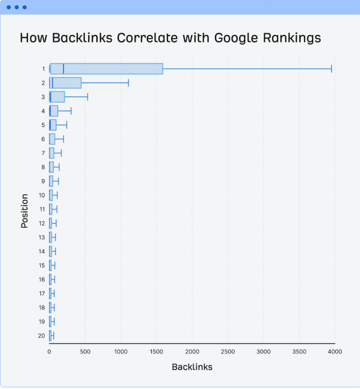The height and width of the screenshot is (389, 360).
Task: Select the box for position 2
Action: [x=65, y=83]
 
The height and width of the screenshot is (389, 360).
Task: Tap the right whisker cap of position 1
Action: [x=331, y=68]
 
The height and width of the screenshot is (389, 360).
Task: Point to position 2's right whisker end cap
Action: [x=128, y=83]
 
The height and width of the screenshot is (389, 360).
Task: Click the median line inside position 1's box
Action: [x=63, y=68]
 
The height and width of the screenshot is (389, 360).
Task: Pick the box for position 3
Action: [x=57, y=97]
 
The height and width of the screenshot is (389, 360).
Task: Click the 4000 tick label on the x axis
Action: [x=335, y=352]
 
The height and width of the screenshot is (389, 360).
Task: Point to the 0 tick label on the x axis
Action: [x=50, y=352]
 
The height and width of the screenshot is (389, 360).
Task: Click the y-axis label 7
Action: [x=43, y=153]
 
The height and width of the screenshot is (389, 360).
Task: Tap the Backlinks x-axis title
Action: [x=192, y=367]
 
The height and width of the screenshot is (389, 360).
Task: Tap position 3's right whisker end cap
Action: [x=87, y=97]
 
